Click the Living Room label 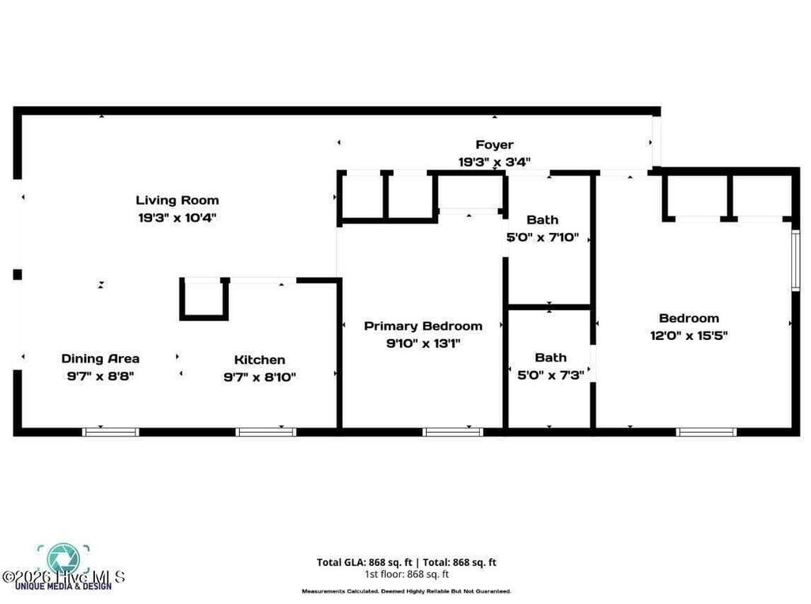coord(177,200)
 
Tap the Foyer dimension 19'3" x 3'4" coord(493,161)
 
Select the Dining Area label coord(100,358)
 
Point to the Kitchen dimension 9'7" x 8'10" coord(259,377)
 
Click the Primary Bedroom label coord(422,326)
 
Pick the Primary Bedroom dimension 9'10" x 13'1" coord(422,343)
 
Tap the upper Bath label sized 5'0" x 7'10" coord(542,220)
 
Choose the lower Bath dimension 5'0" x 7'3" coord(550,375)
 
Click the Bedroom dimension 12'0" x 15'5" coord(688,335)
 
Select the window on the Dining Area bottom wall coord(111,432)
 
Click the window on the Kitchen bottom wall coord(265,432)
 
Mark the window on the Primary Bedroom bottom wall coord(452,432)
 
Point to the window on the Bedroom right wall coord(796,261)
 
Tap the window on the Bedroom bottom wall coord(706,432)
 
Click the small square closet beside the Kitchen coord(204,299)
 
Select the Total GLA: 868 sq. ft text coord(362,563)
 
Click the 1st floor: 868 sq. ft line coord(406,574)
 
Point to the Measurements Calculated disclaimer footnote coord(405,591)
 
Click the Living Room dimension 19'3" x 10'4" coord(177,216)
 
